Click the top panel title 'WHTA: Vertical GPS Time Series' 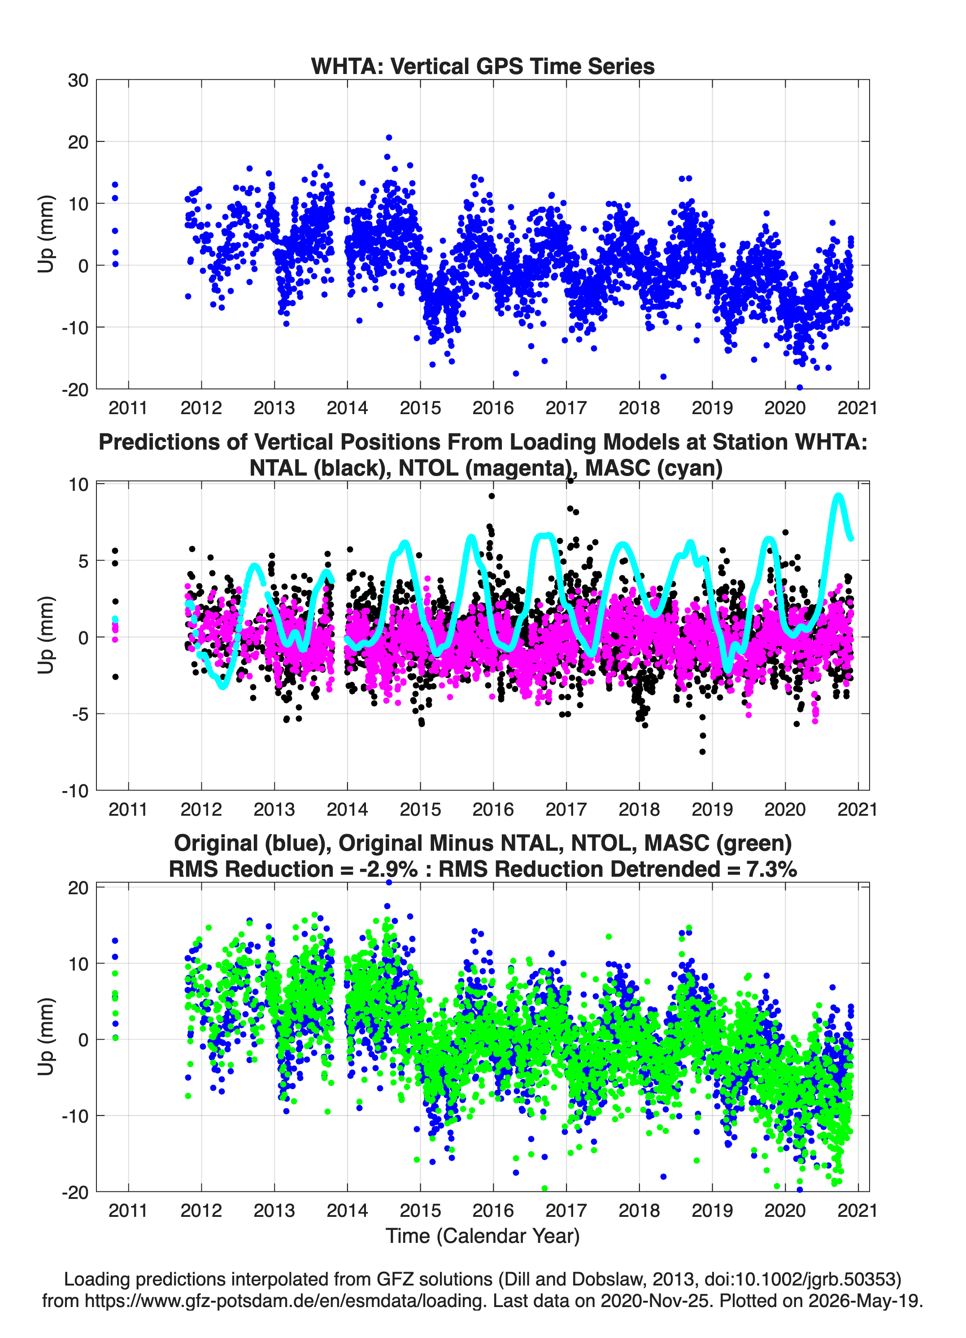(483, 66)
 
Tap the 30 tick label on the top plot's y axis (78, 80)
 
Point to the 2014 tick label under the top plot (348, 408)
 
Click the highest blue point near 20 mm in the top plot (389, 137)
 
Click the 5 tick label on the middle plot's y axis (83, 560)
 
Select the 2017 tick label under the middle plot (566, 809)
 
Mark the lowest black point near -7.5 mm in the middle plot (702, 752)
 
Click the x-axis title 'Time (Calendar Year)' (483, 1235)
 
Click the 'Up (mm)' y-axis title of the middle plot (46, 635)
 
